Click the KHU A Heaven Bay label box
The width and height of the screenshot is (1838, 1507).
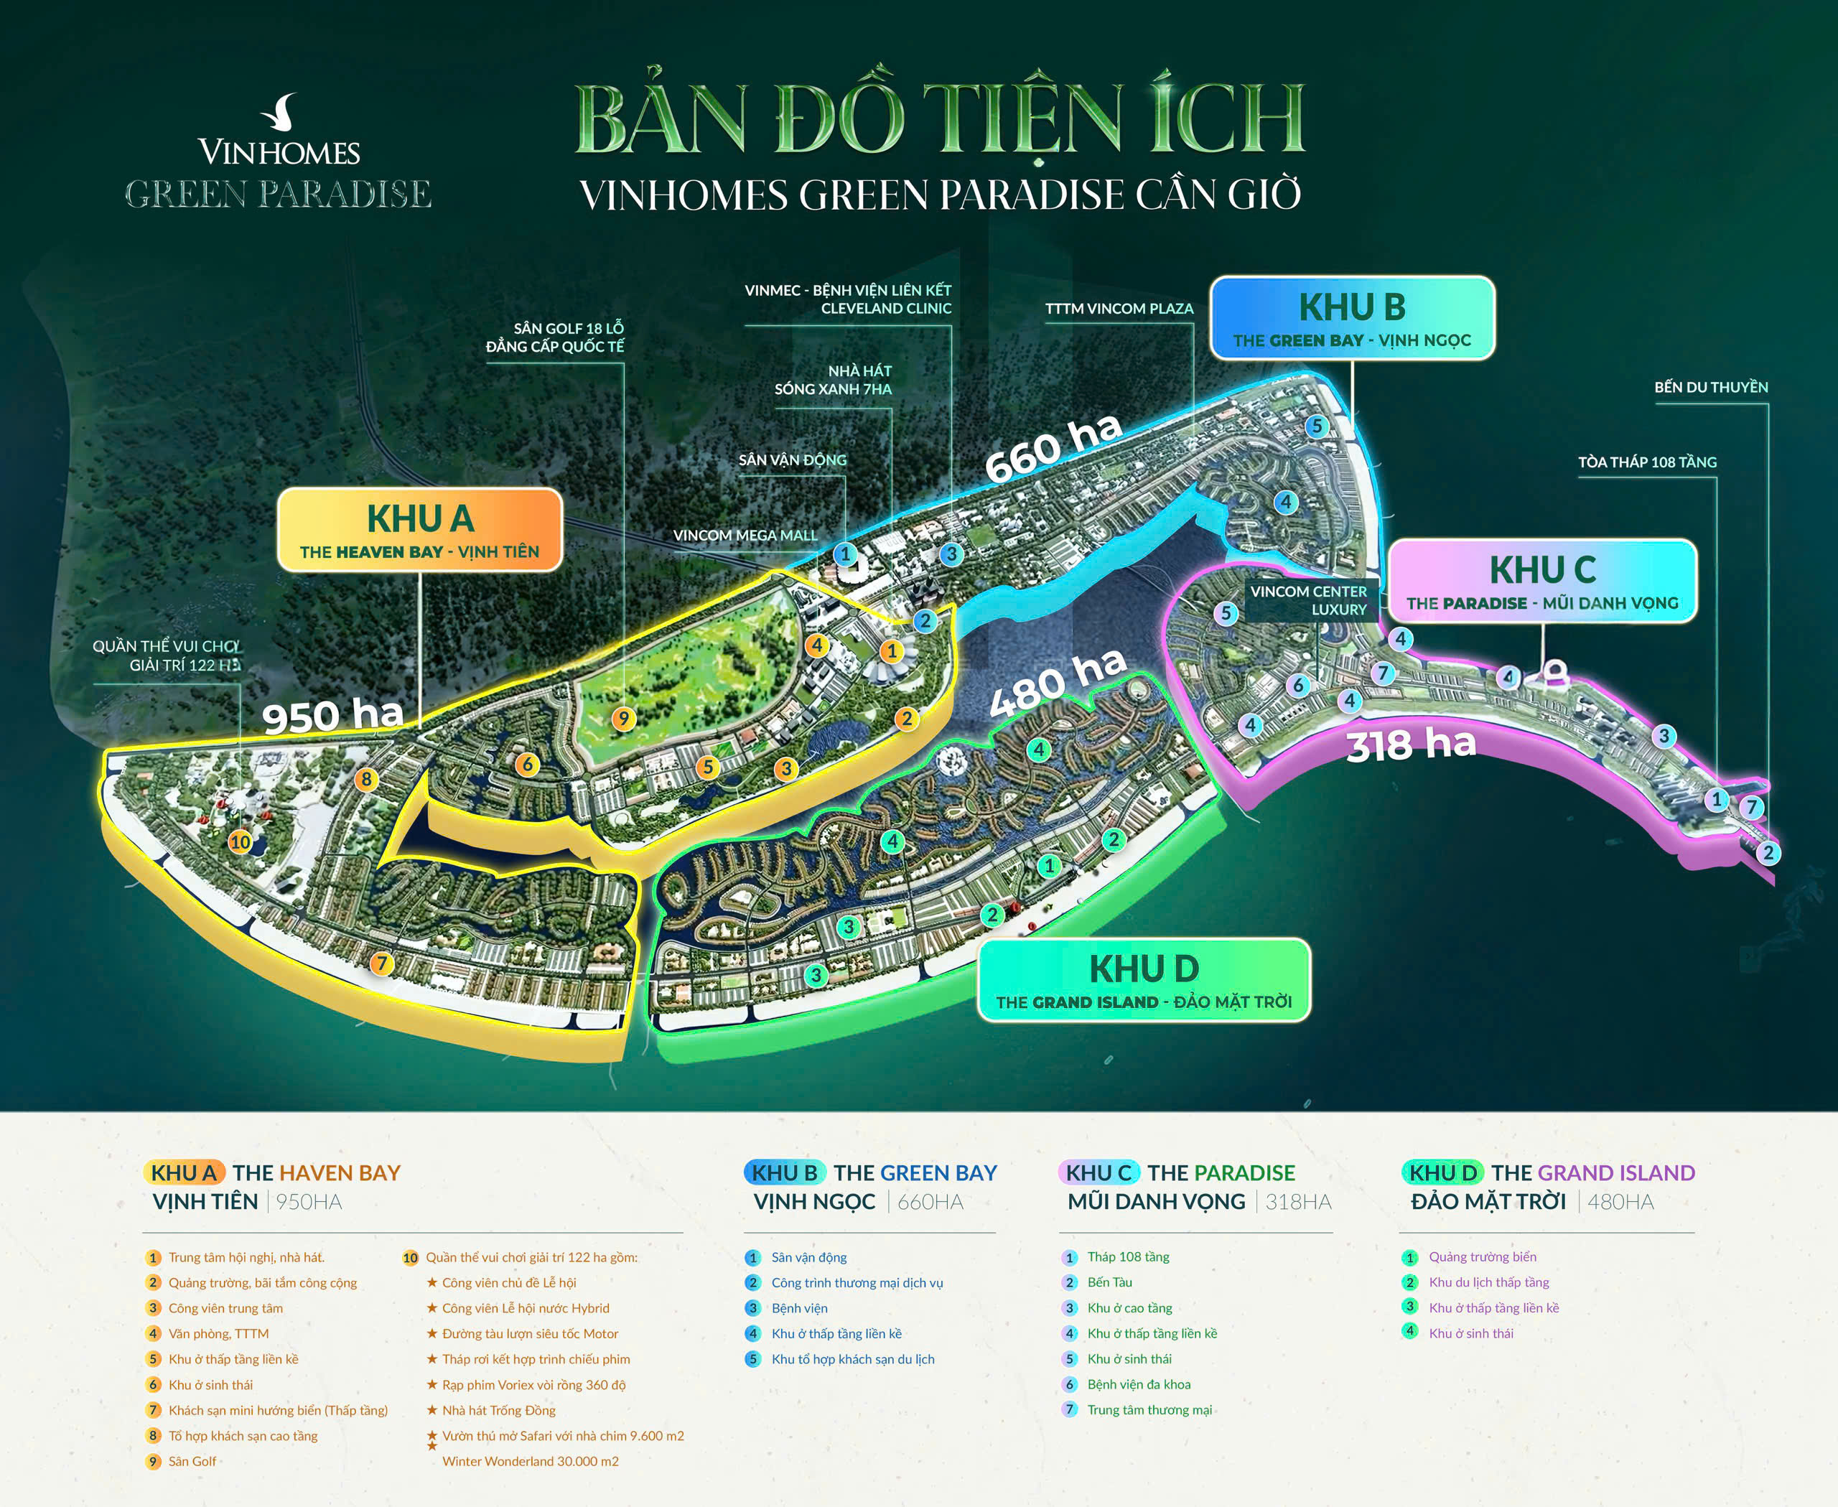(419, 530)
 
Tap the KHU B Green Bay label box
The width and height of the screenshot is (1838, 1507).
(1352, 319)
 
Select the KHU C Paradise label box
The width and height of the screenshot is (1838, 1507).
(1542, 581)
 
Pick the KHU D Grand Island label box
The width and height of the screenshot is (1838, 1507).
(1144, 980)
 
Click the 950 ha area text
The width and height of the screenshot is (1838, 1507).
(332, 715)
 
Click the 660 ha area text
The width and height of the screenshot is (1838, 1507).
(1053, 447)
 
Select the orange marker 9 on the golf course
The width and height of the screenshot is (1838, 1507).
(623, 719)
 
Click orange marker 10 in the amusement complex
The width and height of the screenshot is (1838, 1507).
(240, 841)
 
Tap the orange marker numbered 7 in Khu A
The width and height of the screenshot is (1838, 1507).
(381, 963)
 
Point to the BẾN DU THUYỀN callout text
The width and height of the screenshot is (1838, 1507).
(1710, 387)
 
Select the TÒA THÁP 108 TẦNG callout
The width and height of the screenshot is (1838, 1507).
(1647, 462)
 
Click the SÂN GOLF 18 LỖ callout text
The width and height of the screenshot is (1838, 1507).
(556, 337)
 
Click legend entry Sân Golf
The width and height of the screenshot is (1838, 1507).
(192, 1461)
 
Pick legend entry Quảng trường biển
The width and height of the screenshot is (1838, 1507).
(1482, 1257)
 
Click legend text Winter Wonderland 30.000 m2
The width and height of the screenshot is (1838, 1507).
(531, 1461)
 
